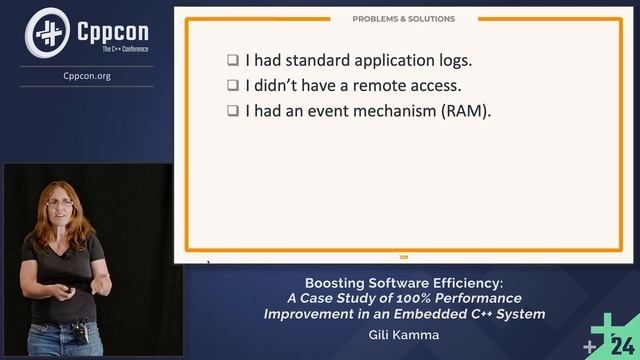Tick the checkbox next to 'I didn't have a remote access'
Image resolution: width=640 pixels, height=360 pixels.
[232, 86]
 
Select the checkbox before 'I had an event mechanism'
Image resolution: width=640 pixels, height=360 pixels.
[232, 112]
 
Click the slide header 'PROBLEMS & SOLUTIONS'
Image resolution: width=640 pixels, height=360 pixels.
[403, 18]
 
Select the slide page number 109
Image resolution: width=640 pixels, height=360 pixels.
[403, 257]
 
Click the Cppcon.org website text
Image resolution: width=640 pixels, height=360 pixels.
[86, 74]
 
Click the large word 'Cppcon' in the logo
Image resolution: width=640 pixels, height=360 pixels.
[111, 29]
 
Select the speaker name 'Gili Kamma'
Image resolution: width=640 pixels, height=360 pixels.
[404, 335]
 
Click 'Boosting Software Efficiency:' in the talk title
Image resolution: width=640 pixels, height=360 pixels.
[404, 282]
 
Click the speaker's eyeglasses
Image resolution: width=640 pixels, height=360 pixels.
[59, 203]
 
